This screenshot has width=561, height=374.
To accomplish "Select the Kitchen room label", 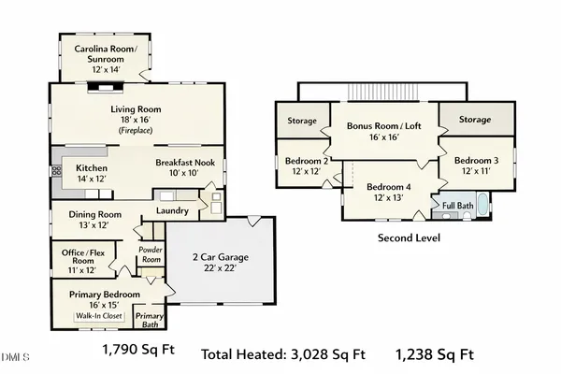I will (92, 169).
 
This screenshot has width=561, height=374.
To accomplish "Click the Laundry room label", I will (173, 211).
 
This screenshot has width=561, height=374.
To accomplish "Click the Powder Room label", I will (151, 254).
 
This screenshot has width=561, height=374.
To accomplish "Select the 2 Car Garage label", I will (223, 263).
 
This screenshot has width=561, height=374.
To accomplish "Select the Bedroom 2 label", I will (307, 165).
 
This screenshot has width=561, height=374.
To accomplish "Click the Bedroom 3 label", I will (477, 165).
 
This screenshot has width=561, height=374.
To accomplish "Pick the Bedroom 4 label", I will (390, 191).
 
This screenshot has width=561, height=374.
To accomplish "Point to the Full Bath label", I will (457, 205).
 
